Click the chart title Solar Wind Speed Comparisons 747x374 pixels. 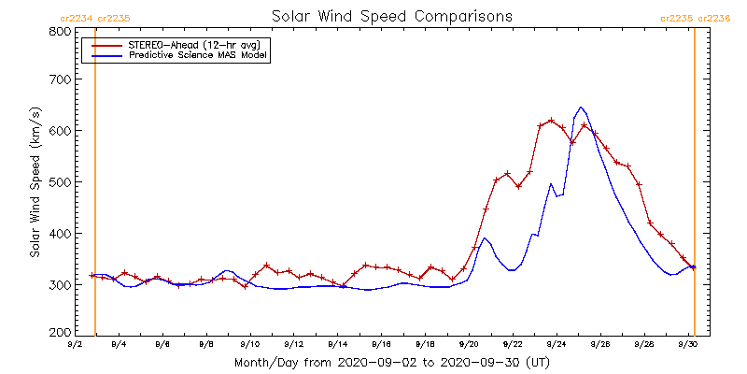click(391, 17)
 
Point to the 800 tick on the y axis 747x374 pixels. click(60, 31)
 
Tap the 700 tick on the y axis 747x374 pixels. click(60, 80)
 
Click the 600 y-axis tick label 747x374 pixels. click(60, 131)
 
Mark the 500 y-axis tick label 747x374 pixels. click(60, 181)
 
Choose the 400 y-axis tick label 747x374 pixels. click(60, 233)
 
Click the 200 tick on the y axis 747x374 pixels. click(60, 333)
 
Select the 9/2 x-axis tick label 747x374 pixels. click(75, 344)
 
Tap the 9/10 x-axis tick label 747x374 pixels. click(249, 344)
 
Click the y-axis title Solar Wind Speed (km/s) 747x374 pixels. click(35, 182)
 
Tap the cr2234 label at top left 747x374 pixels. click(75, 18)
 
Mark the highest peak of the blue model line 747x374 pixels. click(581, 107)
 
